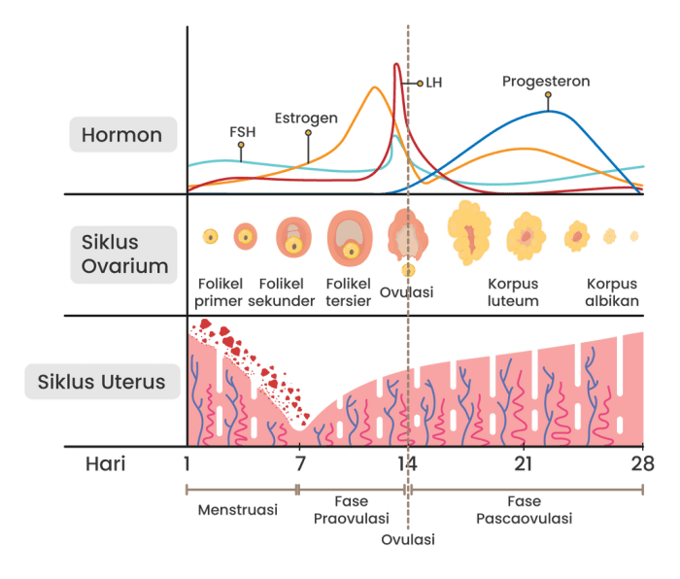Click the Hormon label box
tap(122, 134)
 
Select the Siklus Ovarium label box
tap(123, 255)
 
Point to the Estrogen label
tap(306, 119)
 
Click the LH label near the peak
tap(432, 84)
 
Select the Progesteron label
tap(546, 82)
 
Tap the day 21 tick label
tap(524, 462)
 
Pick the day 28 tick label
tap(642, 462)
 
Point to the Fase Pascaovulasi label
tap(524, 509)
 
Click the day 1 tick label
tap(185, 462)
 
